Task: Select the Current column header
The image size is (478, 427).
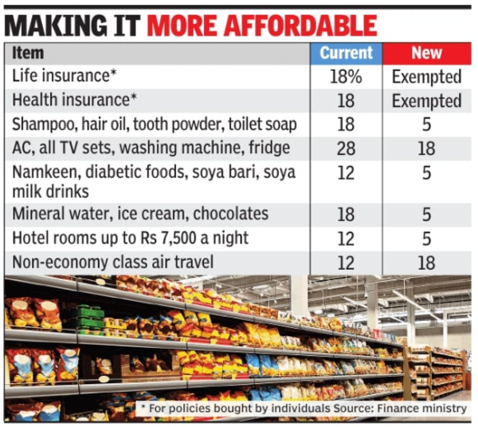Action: (x=346, y=53)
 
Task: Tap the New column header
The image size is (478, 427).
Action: (x=426, y=53)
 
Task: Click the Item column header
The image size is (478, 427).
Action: (x=28, y=53)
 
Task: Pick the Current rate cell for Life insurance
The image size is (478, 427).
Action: (x=346, y=77)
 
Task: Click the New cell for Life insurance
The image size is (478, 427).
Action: (x=426, y=77)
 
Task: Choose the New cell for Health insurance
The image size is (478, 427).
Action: (x=426, y=101)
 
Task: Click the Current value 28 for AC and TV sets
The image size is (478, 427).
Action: (x=346, y=148)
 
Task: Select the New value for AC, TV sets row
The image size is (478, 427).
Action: (x=426, y=148)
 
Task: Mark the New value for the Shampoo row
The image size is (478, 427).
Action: (x=426, y=125)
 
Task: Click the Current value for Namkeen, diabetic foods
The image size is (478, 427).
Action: (x=346, y=172)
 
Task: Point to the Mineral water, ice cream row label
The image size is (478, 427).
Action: (x=140, y=214)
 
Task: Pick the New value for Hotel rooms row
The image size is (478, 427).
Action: (x=426, y=238)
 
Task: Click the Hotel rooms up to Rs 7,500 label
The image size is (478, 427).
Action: (x=131, y=238)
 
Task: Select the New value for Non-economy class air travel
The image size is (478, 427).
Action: (x=426, y=262)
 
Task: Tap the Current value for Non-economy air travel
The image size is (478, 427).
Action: (x=346, y=262)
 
